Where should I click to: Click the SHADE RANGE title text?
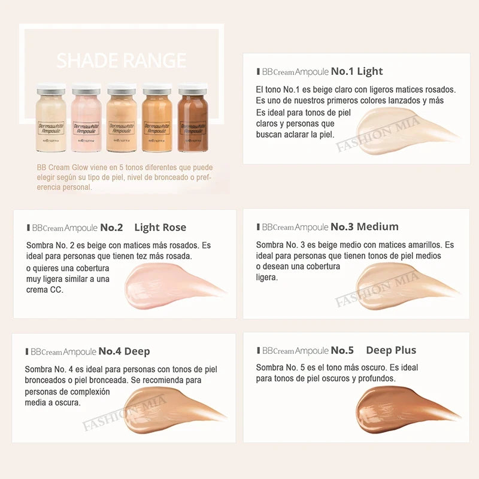tap(122, 60)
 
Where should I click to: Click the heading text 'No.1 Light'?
tap(357, 72)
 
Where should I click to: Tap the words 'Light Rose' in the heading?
tap(160, 228)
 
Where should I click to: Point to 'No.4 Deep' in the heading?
tap(125, 351)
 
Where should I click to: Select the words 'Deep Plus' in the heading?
tap(390, 350)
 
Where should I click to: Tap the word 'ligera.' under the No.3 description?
tap(266, 278)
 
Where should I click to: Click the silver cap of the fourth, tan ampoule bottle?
tap(157, 90)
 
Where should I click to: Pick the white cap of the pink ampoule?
tap(86, 90)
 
